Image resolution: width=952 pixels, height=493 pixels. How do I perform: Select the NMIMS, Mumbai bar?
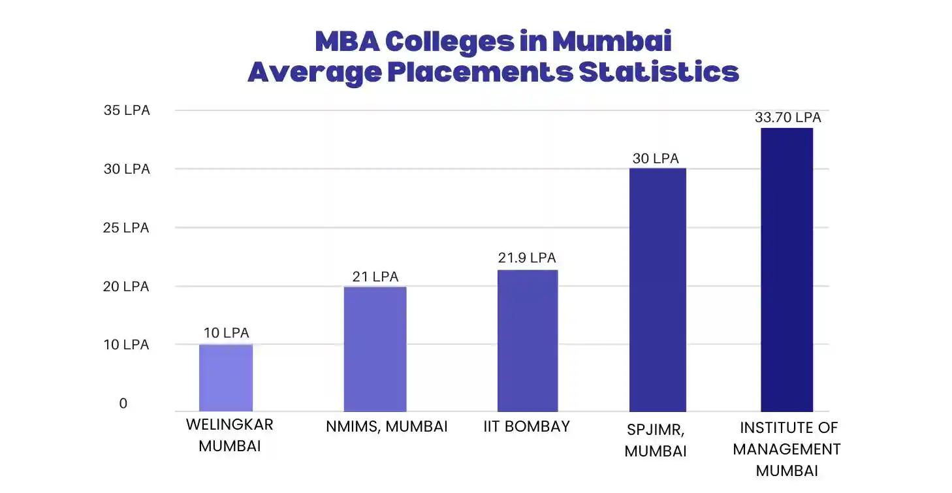tap(375, 349)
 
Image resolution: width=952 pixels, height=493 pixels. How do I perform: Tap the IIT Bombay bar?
tap(528, 340)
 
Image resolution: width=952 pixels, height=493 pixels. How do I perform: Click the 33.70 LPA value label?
tap(787, 118)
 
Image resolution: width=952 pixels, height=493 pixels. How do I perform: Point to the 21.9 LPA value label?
tap(527, 258)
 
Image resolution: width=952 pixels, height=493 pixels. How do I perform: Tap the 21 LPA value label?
tap(375, 277)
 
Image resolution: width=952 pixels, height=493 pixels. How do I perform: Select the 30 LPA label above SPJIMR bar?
tap(656, 159)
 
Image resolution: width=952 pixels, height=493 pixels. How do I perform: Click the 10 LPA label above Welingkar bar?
tap(226, 333)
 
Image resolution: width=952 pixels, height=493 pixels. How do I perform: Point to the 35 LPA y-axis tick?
tap(127, 110)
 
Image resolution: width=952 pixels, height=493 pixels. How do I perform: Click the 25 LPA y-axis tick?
tap(127, 228)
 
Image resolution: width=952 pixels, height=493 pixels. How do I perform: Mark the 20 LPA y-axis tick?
tap(127, 286)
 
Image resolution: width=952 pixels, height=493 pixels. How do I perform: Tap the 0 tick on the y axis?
tap(123, 404)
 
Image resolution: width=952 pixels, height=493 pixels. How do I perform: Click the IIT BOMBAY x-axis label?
tap(527, 426)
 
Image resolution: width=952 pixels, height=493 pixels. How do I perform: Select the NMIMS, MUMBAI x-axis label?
tap(387, 427)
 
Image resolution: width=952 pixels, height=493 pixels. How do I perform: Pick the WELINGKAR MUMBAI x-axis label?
tap(230, 436)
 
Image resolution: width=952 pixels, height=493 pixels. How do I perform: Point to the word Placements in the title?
tap(480, 72)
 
